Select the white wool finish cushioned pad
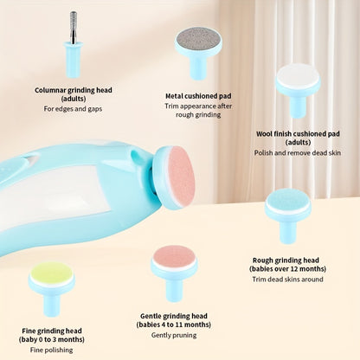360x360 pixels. tap(297, 76)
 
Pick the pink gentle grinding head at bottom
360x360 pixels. tap(174, 258)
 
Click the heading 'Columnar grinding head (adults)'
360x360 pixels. tap(73, 93)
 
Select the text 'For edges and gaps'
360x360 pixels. tap(73, 108)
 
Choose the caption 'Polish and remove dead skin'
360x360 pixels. tap(297, 152)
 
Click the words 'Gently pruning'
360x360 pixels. tap(173, 335)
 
